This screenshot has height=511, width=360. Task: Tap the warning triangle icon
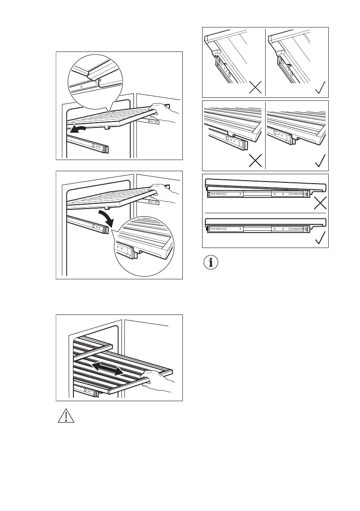coord(65,416)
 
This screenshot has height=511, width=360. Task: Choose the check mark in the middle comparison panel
coord(320,161)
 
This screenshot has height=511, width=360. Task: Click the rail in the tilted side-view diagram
coord(257,195)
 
